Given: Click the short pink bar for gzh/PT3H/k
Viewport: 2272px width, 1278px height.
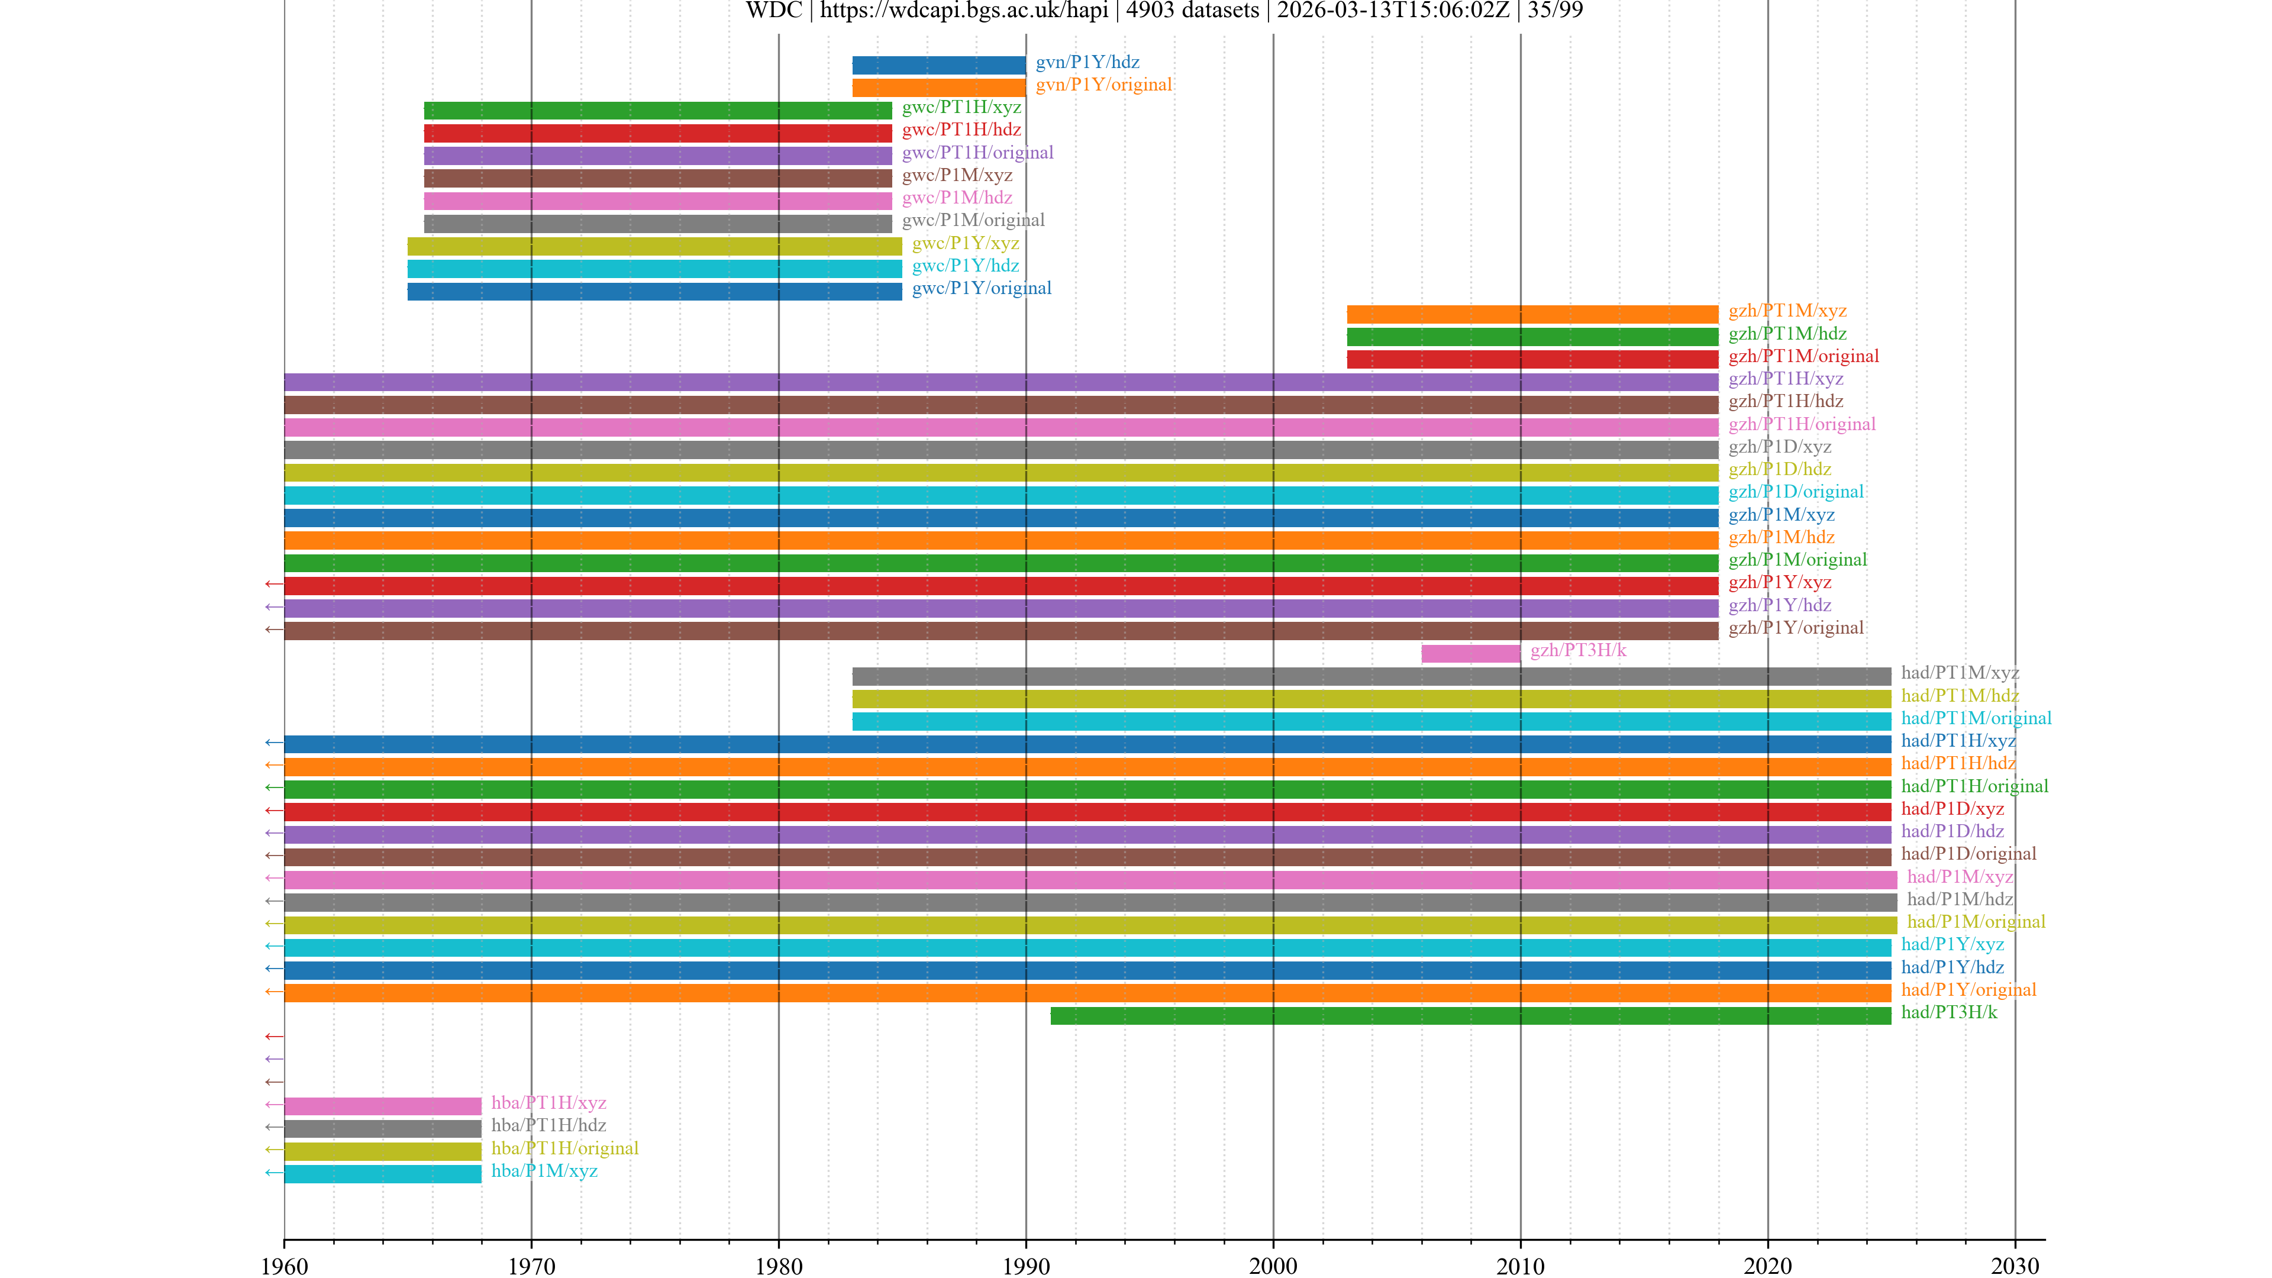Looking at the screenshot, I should [x=1470, y=653].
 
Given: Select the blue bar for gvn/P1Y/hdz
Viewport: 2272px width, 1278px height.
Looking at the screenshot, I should [x=938, y=64].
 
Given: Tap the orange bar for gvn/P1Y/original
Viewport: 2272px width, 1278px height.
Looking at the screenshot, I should [x=938, y=88].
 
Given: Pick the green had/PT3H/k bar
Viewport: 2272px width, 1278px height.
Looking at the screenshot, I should [x=1470, y=1015].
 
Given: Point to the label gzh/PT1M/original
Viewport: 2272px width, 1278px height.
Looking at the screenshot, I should [x=1803, y=356].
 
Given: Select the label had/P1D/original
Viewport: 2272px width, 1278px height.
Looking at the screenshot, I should [x=1968, y=854].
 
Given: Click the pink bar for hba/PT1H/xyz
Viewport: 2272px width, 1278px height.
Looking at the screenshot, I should [x=383, y=1105].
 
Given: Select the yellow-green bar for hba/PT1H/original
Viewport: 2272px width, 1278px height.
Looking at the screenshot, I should [x=383, y=1150].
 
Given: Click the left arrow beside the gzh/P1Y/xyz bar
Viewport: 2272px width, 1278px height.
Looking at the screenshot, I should [x=273, y=584].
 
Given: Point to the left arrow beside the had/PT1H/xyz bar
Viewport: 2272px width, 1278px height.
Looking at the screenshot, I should [x=273, y=743].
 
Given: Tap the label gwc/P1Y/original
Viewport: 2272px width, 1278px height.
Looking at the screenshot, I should [x=981, y=288].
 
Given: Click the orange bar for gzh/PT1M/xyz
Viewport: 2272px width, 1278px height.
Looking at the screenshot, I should [x=1532, y=314].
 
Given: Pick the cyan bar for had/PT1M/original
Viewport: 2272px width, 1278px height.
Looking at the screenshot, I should [x=1371, y=721].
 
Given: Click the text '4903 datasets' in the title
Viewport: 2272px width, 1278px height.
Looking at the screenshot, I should [x=1192, y=11].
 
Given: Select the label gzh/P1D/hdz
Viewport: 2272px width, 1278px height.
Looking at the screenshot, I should [x=1779, y=469].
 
